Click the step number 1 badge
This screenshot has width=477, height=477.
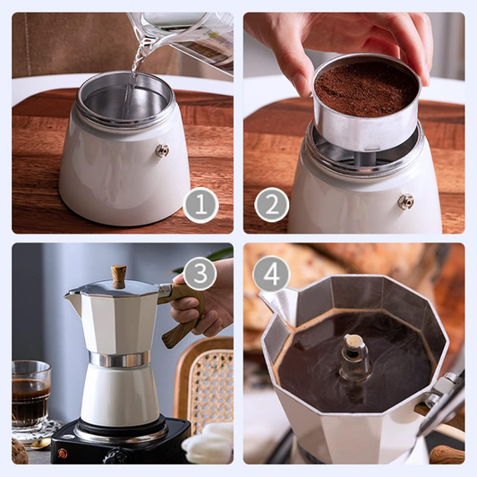[x=200, y=206]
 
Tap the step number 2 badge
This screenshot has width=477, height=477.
[x=272, y=206]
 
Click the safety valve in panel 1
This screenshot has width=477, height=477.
[x=162, y=150]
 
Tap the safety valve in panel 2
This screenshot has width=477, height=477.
[x=405, y=201]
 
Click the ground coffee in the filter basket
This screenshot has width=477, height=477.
[x=366, y=88]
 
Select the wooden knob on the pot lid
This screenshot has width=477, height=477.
[x=118, y=275]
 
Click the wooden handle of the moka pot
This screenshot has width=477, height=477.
[x=183, y=322]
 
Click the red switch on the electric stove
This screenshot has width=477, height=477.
[x=62, y=453]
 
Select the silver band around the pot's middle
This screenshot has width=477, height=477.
[x=118, y=359]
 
